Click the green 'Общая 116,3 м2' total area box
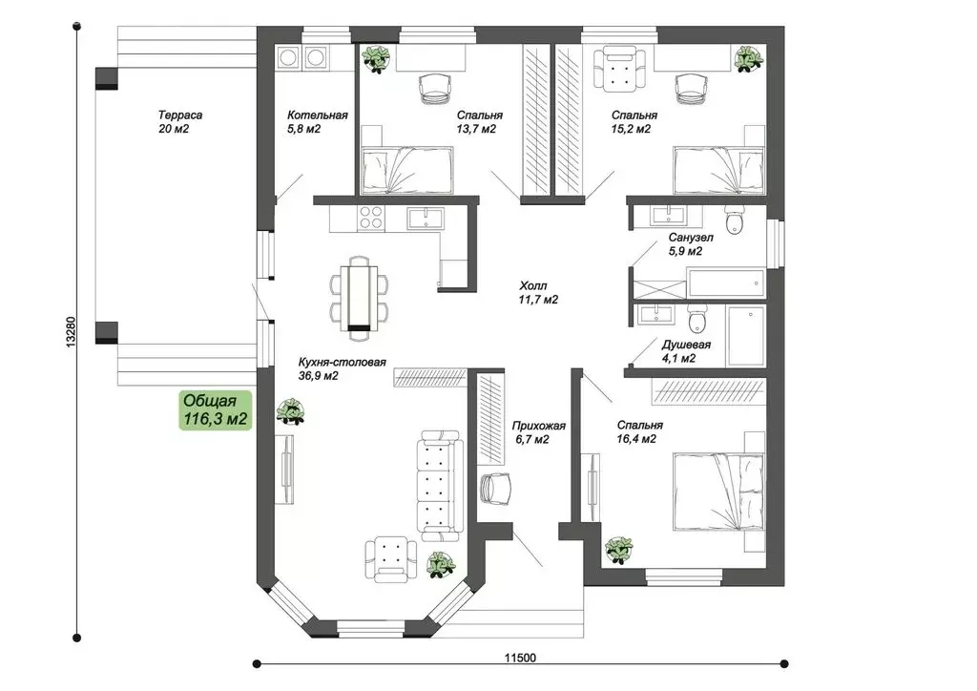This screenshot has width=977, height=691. click(x=216, y=410)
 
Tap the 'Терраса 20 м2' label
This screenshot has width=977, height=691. click(x=180, y=121)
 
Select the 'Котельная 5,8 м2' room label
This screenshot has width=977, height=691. click(x=317, y=121)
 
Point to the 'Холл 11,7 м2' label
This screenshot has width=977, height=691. click(x=538, y=292)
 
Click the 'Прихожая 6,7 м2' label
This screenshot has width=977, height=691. click(x=539, y=432)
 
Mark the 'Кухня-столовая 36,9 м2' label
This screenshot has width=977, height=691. click(x=342, y=368)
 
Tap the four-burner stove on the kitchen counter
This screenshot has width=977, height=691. click(x=370, y=219)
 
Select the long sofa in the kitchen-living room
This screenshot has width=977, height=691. click(x=441, y=485)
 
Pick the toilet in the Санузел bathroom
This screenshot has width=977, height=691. click(x=735, y=220)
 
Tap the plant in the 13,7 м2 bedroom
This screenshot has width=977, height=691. click(x=378, y=59)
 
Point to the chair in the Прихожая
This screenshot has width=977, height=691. click(x=496, y=487)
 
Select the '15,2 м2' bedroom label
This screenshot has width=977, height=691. click(x=632, y=121)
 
